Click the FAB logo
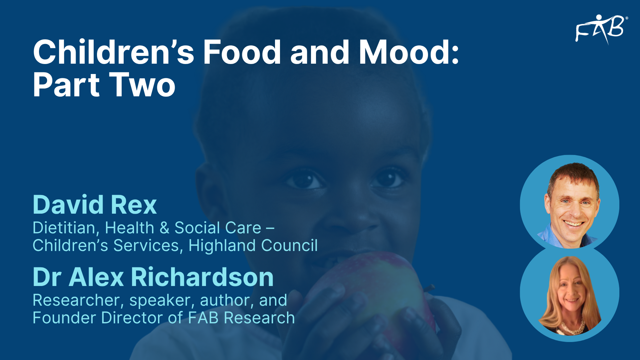[601, 29]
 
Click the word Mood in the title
[409, 52]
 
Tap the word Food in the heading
[242, 52]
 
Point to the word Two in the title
[142, 85]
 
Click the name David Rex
[95, 205]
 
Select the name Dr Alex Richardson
[153, 277]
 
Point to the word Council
[289, 246]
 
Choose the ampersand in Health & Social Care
[164, 228]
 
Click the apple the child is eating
[372, 293]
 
